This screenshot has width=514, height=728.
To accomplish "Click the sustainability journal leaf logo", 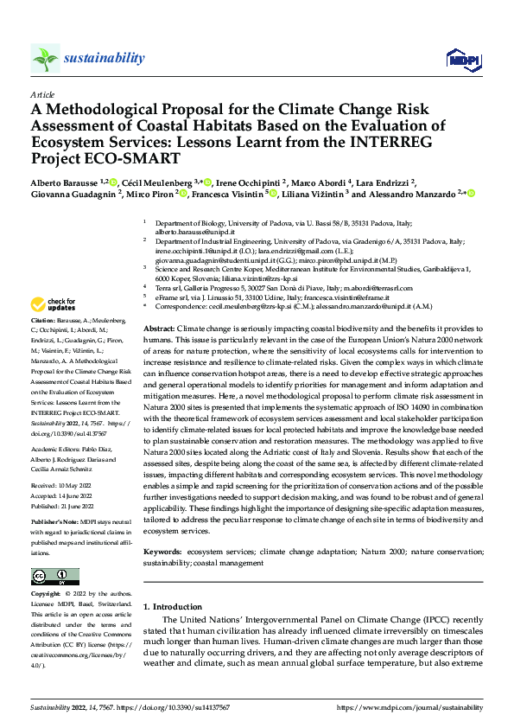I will point(45,58).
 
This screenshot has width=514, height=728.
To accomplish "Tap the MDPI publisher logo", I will point(459,58).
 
